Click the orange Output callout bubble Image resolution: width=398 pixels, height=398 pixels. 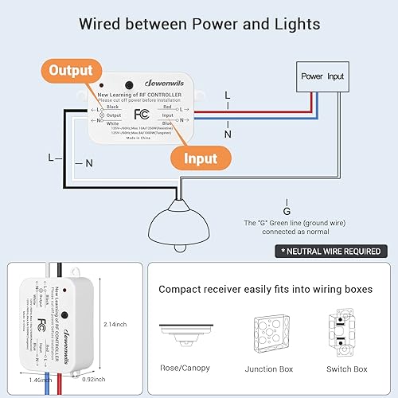tap(72, 69)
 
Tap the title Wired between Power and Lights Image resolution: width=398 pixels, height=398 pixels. tap(199, 24)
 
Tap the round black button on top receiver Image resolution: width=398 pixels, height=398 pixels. tap(128, 84)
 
